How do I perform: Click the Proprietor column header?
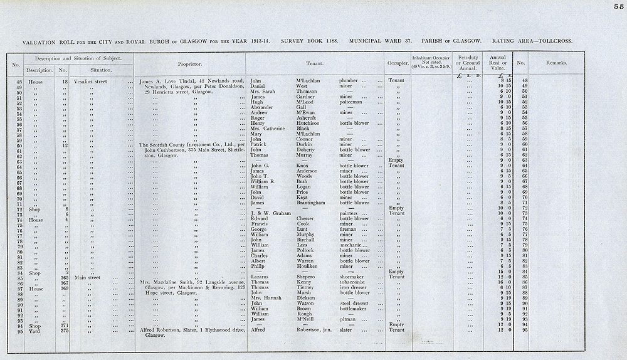pos(189,63)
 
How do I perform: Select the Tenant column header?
pos(314,63)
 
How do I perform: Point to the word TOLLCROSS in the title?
pos(552,41)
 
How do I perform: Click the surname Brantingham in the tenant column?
pos(307,203)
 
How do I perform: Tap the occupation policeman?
pos(350,102)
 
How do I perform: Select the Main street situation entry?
pos(88,277)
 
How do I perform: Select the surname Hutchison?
pos(302,123)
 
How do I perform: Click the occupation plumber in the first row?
pos(349,81)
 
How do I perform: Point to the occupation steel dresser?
pos(354,304)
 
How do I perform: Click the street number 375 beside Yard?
pos(64,331)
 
